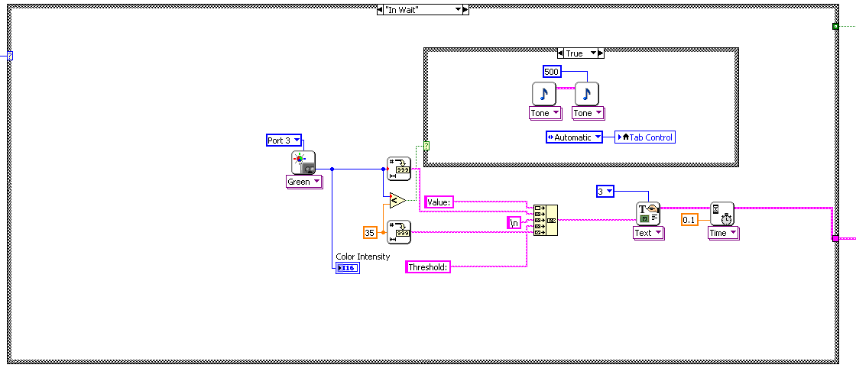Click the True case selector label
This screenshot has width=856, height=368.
pos(574,53)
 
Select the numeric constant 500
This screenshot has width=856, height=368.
pos(552,71)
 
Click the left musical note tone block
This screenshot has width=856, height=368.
pos(544,93)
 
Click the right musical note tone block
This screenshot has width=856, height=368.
pos(587,93)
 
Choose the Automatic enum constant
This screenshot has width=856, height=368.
pos(574,137)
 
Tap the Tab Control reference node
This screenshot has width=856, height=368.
pos(646,137)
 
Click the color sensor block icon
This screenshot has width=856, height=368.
pos(303,163)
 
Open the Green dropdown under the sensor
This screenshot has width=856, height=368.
pos(303,182)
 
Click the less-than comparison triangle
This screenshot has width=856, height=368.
pos(397,201)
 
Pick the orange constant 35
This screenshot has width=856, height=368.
pos(370,232)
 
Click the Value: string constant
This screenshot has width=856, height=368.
pos(439,202)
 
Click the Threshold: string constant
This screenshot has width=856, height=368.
pos(428,267)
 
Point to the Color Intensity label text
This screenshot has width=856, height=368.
pos(362,257)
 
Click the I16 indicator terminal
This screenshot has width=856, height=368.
pos(347,268)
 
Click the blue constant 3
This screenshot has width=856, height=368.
pos(605,192)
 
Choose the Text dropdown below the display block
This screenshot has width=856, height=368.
pos(648,233)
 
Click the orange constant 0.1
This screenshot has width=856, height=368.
pos(689,220)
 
